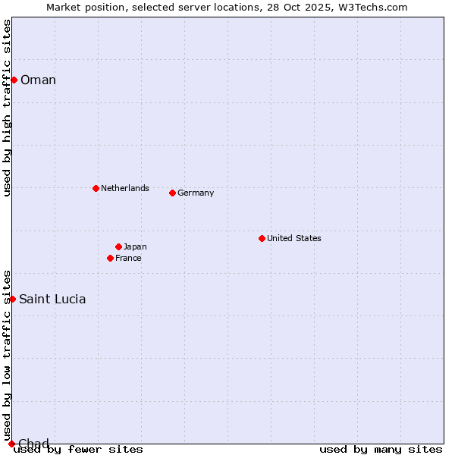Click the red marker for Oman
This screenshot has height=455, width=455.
point(14,80)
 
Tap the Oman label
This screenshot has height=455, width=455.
point(38,80)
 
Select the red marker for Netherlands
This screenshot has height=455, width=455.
point(96,188)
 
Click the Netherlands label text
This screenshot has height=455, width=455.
point(125,188)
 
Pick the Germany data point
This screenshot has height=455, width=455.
point(172,193)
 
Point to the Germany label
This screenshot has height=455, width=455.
point(196,193)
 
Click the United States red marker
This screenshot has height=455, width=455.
point(262,238)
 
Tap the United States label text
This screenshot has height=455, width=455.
point(294,238)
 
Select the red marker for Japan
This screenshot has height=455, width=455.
point(118,246)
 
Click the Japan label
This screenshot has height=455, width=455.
point(135,246)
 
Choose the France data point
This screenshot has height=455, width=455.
point(110,258)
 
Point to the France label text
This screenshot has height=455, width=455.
point(128,258)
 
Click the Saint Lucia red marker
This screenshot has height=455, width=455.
point(12,299)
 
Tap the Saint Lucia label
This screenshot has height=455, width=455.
point(52,299)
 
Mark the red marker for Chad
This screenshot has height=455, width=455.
point(11,444)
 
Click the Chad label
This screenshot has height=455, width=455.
point(33,444)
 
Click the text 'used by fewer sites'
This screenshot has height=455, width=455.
point(78,450)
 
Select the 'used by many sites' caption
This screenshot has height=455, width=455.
point(381,450)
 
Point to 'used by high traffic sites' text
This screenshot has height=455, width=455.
point(7,108)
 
